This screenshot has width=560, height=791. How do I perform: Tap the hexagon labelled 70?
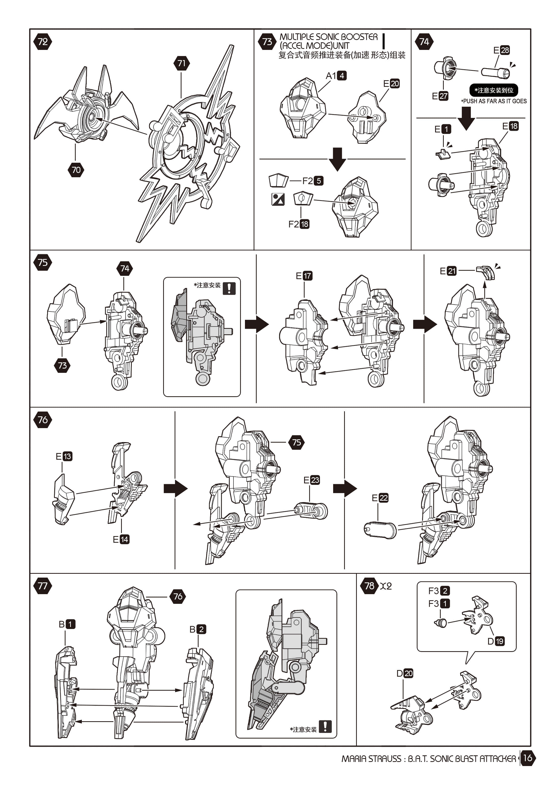click(76, 170)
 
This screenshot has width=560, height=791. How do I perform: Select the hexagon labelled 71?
click(181, 63)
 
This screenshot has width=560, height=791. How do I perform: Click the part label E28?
click(501, 50)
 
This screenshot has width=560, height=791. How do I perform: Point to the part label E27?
click(440, 96)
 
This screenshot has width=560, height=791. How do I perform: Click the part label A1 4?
click(336, 75)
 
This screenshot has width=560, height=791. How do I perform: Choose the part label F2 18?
click(299, 224)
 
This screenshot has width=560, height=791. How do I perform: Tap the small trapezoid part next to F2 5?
click(278, 180)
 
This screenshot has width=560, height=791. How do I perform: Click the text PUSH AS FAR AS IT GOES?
click(494, 101)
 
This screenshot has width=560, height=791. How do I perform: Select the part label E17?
click(304, 276)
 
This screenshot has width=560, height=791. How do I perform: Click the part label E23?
click(311, 480)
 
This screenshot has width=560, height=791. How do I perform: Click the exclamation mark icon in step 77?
click(325, 726)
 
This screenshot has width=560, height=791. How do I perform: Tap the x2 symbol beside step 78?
click(386, 586)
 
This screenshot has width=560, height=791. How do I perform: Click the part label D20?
click(405, 673)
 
